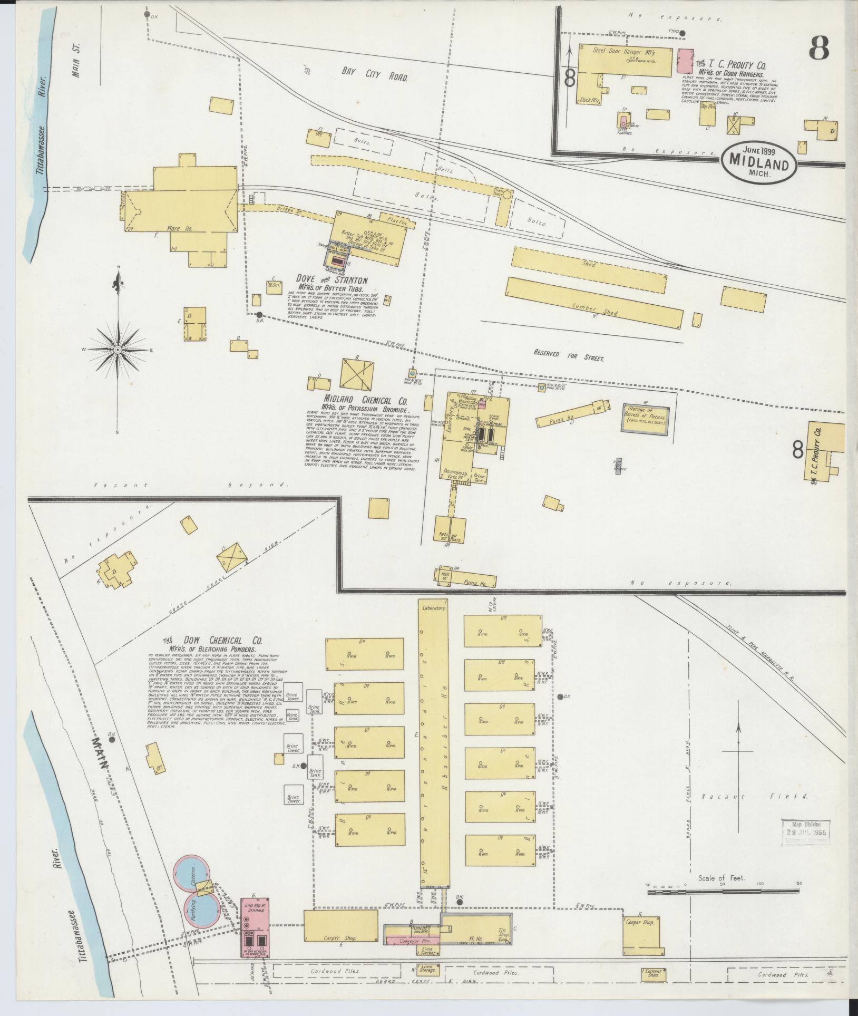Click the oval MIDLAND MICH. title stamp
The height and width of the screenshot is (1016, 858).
tap(759, 163)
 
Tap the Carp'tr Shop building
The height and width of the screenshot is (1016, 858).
tap(340, 925)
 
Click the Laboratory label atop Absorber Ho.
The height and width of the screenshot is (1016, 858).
tap(434, 607)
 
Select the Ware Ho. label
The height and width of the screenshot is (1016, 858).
tap(179, 229)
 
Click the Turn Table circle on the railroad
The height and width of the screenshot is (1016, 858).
tap(506, 195)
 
